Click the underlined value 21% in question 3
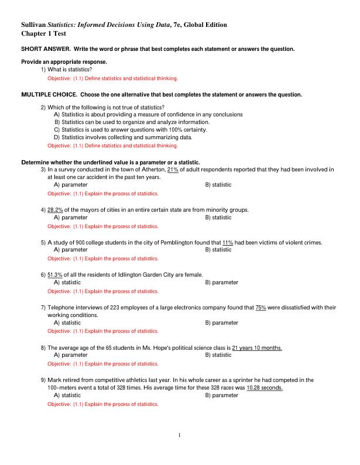(x=173, y=170)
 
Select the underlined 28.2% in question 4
(x=55, y=209)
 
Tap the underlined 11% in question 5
(x=228, y=242)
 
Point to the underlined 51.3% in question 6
(x=55, y=274)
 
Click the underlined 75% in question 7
(x=261, y=307)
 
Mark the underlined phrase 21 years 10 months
(x=257, y=347)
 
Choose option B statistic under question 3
(x=218, y=185)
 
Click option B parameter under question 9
(x=222, y=395)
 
